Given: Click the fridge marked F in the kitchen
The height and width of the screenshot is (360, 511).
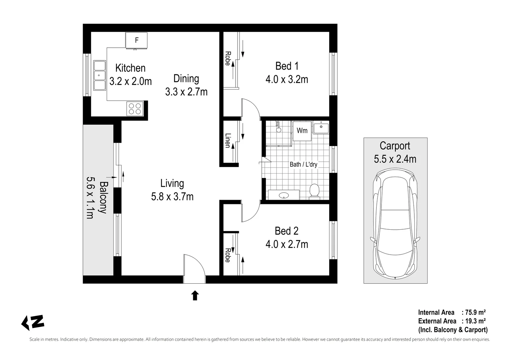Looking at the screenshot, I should click(x=136, y=40).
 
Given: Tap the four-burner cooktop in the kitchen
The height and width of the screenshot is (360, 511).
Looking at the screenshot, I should click(x=135, y=108).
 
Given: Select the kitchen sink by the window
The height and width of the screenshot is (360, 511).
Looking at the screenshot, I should click(x=99, y=75).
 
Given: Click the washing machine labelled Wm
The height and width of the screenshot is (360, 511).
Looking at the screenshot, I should click(x=302, y=130).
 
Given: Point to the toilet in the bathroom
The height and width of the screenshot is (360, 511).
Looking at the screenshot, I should click(x=314, y=191).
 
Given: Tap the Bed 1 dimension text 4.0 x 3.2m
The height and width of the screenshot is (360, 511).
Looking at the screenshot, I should click(x=286, y=79).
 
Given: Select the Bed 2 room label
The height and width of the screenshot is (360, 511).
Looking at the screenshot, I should click(x=286, y=231).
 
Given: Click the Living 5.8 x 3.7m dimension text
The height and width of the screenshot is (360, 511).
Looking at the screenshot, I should click(x=172, y=197).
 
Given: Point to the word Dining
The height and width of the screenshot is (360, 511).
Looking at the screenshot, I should click(x=186, y=79).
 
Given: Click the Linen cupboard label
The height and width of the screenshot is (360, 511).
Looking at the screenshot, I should click(x=228, y=141).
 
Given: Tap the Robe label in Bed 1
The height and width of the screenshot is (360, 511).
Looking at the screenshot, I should click(x=228, y=58).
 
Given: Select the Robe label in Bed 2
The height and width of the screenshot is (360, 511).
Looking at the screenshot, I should click(x=228, y=255).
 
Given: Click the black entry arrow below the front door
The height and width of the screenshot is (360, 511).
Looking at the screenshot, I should click(x=195, y=295).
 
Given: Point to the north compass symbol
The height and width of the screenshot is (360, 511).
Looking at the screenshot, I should click(x=33, y=322).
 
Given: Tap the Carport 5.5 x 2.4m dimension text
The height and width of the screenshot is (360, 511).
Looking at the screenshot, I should click(x=395, y=159).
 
